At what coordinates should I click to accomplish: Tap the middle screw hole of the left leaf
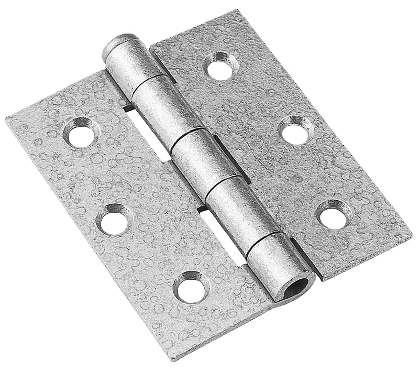coord(114,220)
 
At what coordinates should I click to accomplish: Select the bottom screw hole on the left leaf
coord(191,287)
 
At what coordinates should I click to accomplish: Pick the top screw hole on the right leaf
coord(221,67)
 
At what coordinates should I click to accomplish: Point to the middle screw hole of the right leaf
coord(295,131)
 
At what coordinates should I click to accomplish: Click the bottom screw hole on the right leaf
coord(333,214)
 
